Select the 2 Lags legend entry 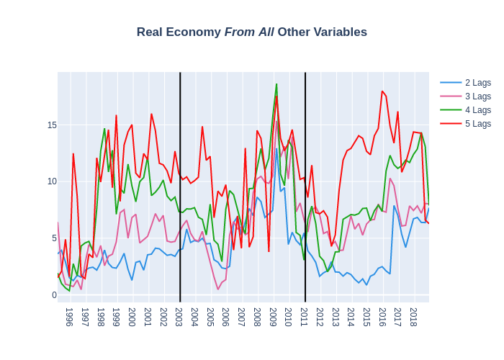[x=477, y=83]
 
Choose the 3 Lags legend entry [x=477, y=96]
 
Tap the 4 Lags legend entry [x=477, y=110]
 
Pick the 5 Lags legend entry [x=477, y=124]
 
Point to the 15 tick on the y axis [x=52, y=125]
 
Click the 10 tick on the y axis [x=52, y=181]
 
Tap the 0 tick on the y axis [x=54, y=295]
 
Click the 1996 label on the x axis [x=69, y=317]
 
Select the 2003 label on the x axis [x=179, y=317]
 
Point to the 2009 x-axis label [x=273, y=317]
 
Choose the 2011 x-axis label [x=304, y=317]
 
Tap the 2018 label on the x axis [x=413, y=317]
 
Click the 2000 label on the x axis [x=132, y=317]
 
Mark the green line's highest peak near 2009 [x=276, y=84]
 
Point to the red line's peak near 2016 [x=382, y=91]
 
